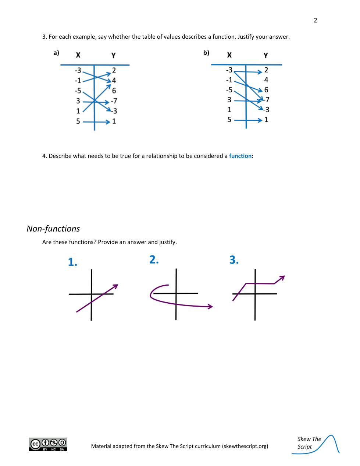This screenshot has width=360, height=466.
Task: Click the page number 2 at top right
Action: [315, 20]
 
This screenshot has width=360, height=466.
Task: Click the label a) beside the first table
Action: [56, 53]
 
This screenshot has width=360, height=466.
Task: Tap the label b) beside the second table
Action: [206, 53]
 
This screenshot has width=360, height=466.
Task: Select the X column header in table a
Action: [78, 55]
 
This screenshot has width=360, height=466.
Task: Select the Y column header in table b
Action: [265, 55]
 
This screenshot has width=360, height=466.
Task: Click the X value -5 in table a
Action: [78, 91]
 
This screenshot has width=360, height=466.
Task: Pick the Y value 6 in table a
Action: [114, 91]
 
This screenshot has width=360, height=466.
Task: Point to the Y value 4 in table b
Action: [266, 80]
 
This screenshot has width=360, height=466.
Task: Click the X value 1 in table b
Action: [229, 110]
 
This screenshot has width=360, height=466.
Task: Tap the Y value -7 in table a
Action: [114, 101]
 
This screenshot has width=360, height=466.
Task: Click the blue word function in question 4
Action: [240, 156]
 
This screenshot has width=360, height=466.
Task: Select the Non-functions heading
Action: [53, 229]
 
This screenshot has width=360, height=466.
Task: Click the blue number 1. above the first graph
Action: [72, 262]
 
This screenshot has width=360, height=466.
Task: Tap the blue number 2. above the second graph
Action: [154, 260]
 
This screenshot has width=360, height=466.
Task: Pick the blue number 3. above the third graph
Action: [234, 260]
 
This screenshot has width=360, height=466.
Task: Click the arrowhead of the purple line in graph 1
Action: [116, 286]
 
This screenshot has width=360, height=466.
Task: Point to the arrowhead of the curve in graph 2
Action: [211, 307]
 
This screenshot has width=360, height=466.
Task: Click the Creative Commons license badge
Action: [48, 444]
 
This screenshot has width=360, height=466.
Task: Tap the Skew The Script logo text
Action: [309, 443]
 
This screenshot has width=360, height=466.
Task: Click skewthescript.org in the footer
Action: [245, 446]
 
